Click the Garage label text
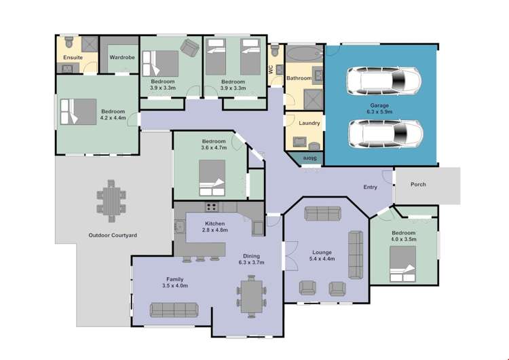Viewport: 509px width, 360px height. click(x=380, y=104)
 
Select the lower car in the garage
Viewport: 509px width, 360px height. click(x=384, y=134)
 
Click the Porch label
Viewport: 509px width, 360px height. click(x=418, y=185)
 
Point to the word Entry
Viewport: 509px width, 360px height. click(x=370, y=187)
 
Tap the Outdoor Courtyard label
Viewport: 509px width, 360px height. click(x=113, y=235)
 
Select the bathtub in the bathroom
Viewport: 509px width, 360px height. click(x=304, y=53)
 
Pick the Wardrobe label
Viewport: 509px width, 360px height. click(x=122, y=58)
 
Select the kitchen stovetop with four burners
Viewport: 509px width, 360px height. click(x=212, y=208)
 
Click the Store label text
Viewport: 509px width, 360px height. click(x=309, y=158)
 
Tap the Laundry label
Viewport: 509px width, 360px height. click(x=308, y=124)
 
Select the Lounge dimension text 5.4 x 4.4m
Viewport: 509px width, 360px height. click(x=322, y=259)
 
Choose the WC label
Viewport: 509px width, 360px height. click(x=271, y=69)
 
